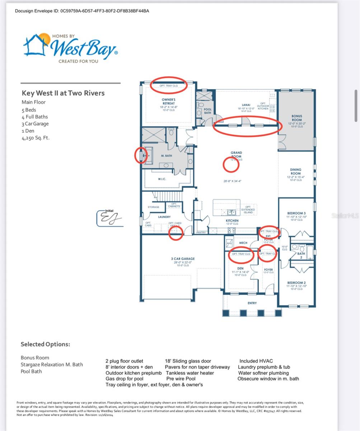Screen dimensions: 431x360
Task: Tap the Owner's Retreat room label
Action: click(x=168, y=101)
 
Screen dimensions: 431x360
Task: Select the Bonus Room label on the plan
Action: click(x=296, y=118)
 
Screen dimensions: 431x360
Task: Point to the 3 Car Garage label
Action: click(x=183, y=259)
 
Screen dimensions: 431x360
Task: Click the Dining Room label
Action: click(x=295, y=171)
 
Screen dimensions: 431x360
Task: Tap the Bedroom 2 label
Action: click(x=296, y=283)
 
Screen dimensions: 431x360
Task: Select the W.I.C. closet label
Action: click(x=162, y=179)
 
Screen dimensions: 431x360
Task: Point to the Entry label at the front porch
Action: click(x=252, y=303)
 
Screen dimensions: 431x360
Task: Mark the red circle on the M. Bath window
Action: click(x=141, y=156)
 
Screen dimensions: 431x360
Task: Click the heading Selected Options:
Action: click(x=45, y=344)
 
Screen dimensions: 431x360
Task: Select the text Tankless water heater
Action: click(x=190, y=373)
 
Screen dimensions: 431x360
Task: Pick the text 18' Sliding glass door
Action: click(x=188, y=361)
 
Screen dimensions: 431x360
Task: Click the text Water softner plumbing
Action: click(x=263, y=373)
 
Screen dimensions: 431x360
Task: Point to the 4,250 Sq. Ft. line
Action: click(x=36, y=138)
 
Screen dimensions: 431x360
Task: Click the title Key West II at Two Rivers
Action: click(x=63, y=93)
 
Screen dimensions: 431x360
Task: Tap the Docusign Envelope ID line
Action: click(x=82, y=11)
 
